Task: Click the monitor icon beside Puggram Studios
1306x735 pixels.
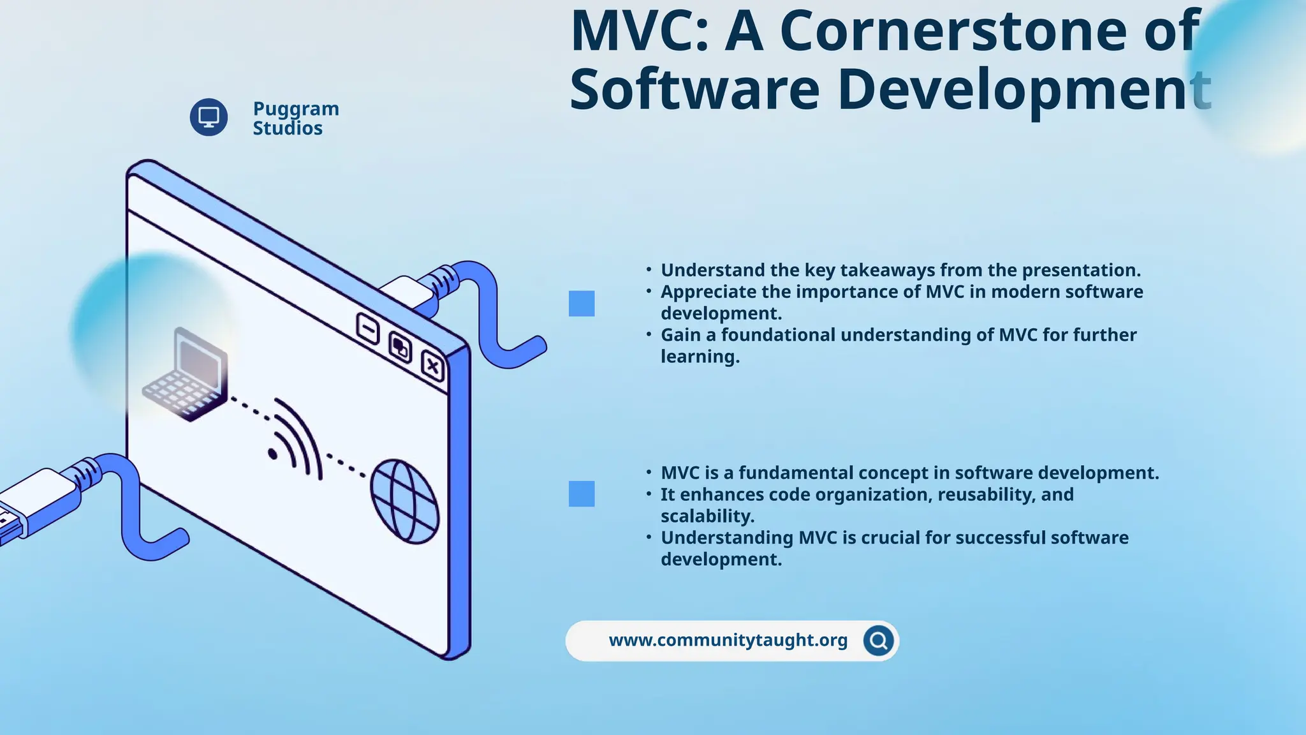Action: point(209,117)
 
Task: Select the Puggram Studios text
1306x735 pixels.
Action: point(295,118)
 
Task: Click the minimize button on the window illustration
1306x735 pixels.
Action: point(368,329)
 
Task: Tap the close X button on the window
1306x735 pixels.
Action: point(433,366)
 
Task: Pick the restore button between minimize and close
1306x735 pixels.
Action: point(400,348)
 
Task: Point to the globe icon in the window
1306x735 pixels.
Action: point(405,501)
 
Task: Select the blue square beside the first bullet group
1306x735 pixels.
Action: point(582,304)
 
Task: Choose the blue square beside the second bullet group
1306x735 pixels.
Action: point(582,494)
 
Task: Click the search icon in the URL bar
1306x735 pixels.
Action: point(878,641)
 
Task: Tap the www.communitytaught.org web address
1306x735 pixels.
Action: point(728,641)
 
